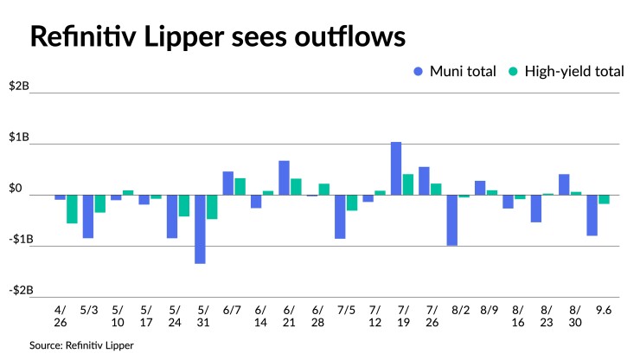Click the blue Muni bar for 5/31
pyautogui.click(x=200, y=228)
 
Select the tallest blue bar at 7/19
pyautogui.click(x=396, y=169)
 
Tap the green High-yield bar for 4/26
pyautogui.click(x=72, y=209)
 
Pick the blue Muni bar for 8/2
pyautogui.click(x=451, y=220)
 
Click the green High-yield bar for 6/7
pyautogui.click(x=240, y=186)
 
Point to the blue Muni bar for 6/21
pyautogui.click(x=284, y=178)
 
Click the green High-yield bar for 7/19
pyautogui.click(x=408, y=184)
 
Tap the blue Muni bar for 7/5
pyautogui.click(x=340, y=216)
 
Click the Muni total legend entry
pyautogui.click(x=455, y=71)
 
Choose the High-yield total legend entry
pyautogui.click(x=567, y=71)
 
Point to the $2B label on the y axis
pyautogui.click(x=19, y=87)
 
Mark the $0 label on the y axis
pyautogui.click(x=16, y=188)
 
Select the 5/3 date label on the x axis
pyautogui.click(x=88, y=308)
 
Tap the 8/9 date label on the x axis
pyautogui.click(x=489, y=308)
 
